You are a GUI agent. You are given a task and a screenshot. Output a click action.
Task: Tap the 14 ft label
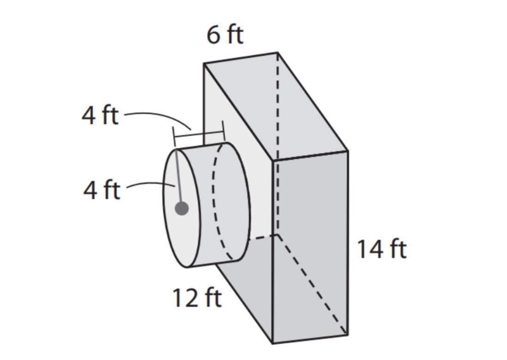click(x=381, y=249)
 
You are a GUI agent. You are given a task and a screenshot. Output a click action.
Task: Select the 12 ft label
click(x=197, y=298)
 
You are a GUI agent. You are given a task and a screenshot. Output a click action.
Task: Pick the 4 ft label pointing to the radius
click(x=102, y=190)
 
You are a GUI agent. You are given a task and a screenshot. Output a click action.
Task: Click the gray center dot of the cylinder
click(x=182, y=209)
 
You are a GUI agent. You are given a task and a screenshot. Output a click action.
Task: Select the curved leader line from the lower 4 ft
click(x=151, y=184)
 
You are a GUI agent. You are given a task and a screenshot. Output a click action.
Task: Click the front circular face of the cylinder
click(x=182, y=209)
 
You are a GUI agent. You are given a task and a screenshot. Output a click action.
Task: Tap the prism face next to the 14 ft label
click(x=310, y=247)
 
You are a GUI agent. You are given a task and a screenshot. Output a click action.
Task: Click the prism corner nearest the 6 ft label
click(x=204, y=64)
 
